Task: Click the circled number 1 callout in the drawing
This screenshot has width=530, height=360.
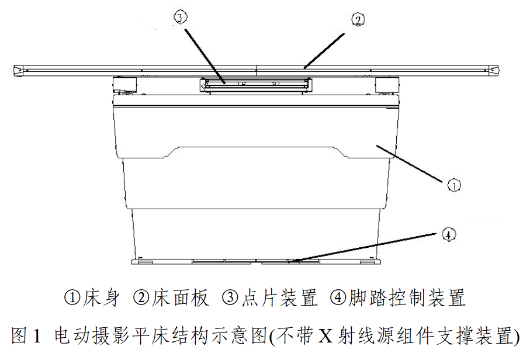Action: click(453, 185)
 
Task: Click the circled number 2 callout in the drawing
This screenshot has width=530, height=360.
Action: click(358, 20)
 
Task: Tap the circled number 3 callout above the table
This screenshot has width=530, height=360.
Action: click(181, 17)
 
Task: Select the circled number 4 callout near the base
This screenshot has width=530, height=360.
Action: click(449, 234)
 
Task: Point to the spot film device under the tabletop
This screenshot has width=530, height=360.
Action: click(256, 85)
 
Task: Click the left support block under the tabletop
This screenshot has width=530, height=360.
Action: click(124, 85)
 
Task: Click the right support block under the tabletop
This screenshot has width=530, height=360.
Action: click(387, 85)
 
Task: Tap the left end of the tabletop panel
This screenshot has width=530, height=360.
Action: click(13, 70)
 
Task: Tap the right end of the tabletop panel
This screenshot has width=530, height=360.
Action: click(499, 70)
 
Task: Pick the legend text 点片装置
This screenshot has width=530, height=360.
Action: click(279, 298)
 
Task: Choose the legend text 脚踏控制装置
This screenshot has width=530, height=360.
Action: click(407, 298)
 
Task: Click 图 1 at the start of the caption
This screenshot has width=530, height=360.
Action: click(26, 335)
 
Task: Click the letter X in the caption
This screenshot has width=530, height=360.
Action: click(325, 335)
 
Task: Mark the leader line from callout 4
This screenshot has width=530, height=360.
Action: click(362, 247)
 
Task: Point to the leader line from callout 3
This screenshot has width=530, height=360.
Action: click(205, 56)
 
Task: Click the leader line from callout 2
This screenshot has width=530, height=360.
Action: click(324, 51)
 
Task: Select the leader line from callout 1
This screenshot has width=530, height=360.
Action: click(409, 164)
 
